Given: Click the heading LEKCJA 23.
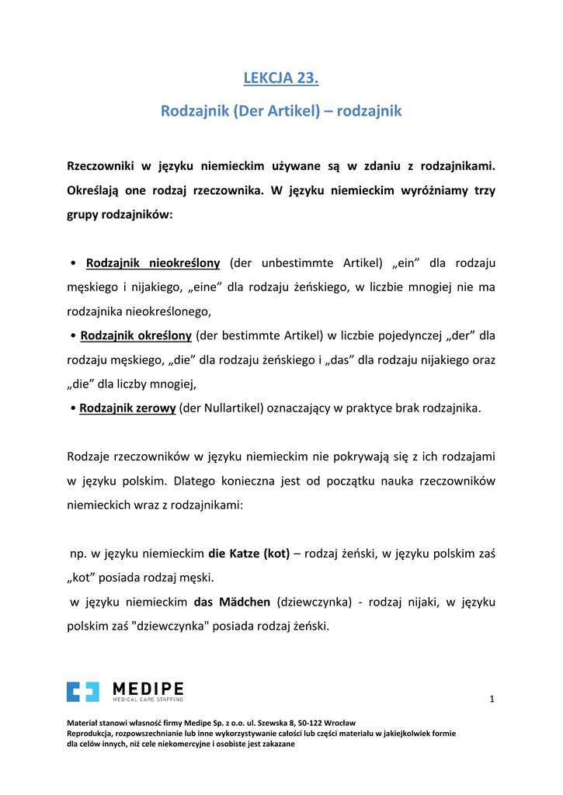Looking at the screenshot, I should coord(281,78).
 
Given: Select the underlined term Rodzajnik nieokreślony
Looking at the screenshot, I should coord(153,263).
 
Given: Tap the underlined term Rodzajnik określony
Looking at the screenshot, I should coord(136,335).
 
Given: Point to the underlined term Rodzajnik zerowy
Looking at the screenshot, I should coord(127,408).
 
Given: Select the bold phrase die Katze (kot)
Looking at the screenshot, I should coord(249,554).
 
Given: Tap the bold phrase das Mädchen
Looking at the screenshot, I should coord(232,602).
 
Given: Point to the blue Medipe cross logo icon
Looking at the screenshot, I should coord(83,691).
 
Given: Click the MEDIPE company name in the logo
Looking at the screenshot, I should coord(148,688).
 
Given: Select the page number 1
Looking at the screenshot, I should coord(492,700).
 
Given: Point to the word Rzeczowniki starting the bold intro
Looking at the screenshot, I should coord(109,166).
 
